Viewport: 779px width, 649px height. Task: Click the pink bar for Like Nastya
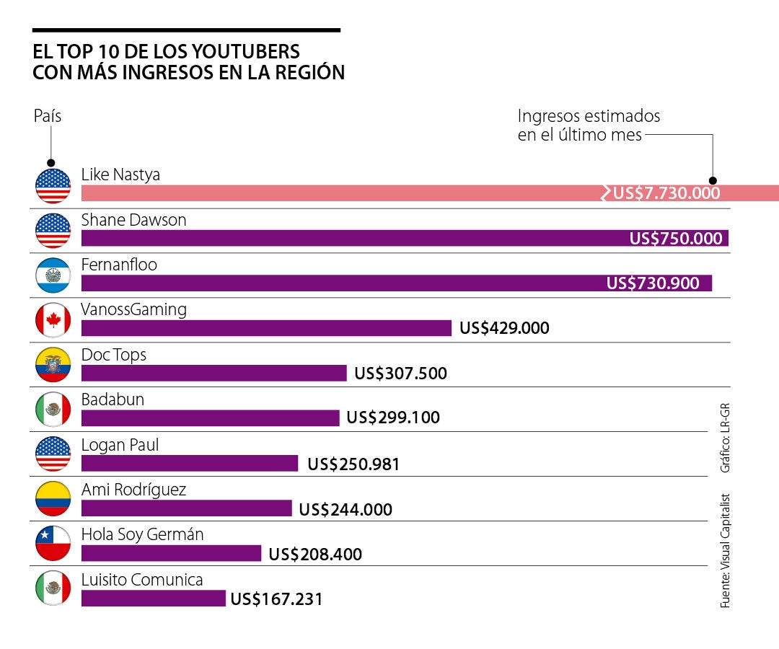[339, 193]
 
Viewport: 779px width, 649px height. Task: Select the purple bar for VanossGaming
[266, 328]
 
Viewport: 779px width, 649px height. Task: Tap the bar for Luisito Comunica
[153, 599]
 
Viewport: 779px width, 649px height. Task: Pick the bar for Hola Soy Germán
[171, 553]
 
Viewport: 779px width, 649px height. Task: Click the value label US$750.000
[676, 239]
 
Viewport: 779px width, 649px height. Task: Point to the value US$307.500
[400, 374]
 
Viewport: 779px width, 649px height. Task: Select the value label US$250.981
[353, 464]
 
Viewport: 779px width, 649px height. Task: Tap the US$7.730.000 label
[666, 193]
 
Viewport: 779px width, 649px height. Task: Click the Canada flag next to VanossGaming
[53, 320]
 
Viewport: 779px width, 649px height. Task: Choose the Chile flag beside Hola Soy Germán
[53, 544]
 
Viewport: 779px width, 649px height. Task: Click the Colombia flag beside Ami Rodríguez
[53, 499]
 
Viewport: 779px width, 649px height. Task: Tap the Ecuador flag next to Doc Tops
[53, 365]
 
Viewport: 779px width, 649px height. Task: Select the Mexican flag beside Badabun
[53, 410]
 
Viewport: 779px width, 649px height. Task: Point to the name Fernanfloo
[119, 265]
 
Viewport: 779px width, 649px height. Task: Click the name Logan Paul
[120, 445]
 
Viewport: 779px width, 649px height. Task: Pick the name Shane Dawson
[133, 220]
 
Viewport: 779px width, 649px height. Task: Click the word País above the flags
[48, 116]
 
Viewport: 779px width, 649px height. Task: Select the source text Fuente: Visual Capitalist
[726, 550]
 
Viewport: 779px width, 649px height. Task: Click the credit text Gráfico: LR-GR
[726, 437]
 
